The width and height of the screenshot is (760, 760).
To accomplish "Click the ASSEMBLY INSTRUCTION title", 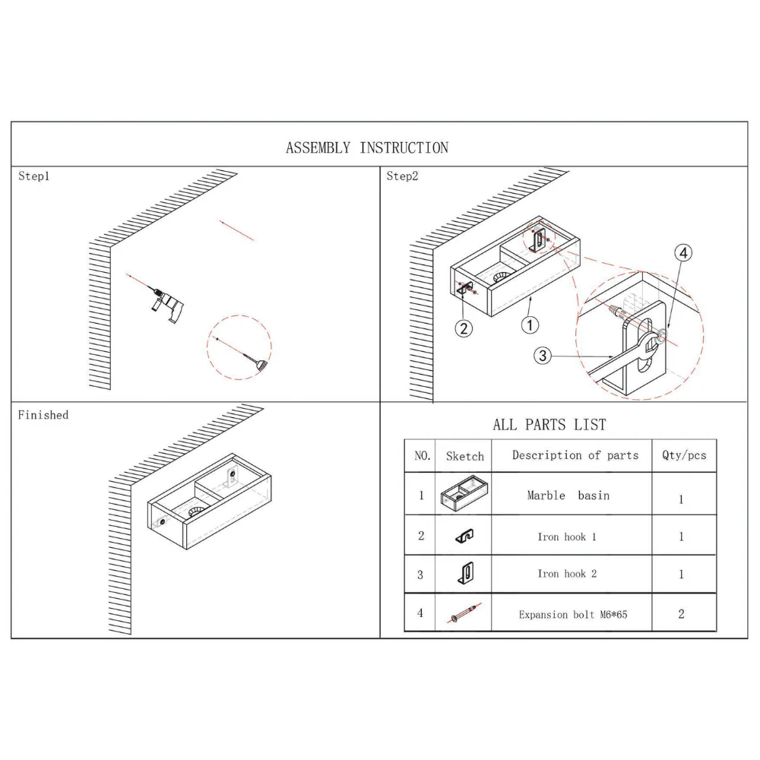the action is [x=367, y=147].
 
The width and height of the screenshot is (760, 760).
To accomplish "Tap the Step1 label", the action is [x=34, y=176].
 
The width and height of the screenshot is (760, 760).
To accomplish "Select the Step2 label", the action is [x=402, y=176].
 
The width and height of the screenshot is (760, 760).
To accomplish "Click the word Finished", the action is [x=43, y=415].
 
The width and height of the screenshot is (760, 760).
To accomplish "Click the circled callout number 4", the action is [x=683, y=252].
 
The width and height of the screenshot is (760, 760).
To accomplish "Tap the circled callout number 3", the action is [x=543, y=356].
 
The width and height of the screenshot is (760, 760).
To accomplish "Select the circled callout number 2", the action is [x=464, y=328].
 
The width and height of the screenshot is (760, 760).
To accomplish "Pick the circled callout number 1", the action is [x=530, y=325].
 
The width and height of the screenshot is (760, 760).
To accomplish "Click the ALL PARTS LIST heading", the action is [x=549, y=425].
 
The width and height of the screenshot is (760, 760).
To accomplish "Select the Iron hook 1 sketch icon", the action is [x=465, y=536].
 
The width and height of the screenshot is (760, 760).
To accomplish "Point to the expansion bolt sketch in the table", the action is [x=464, y=613].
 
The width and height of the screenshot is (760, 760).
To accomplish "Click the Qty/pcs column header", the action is [x=684, y=455].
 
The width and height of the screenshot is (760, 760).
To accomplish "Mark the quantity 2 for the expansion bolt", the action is [x=681, y=613].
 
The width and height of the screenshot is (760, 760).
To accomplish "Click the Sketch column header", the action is [x=465, y=456].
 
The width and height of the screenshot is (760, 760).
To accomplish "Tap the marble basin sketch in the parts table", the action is [x=464, y=494].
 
